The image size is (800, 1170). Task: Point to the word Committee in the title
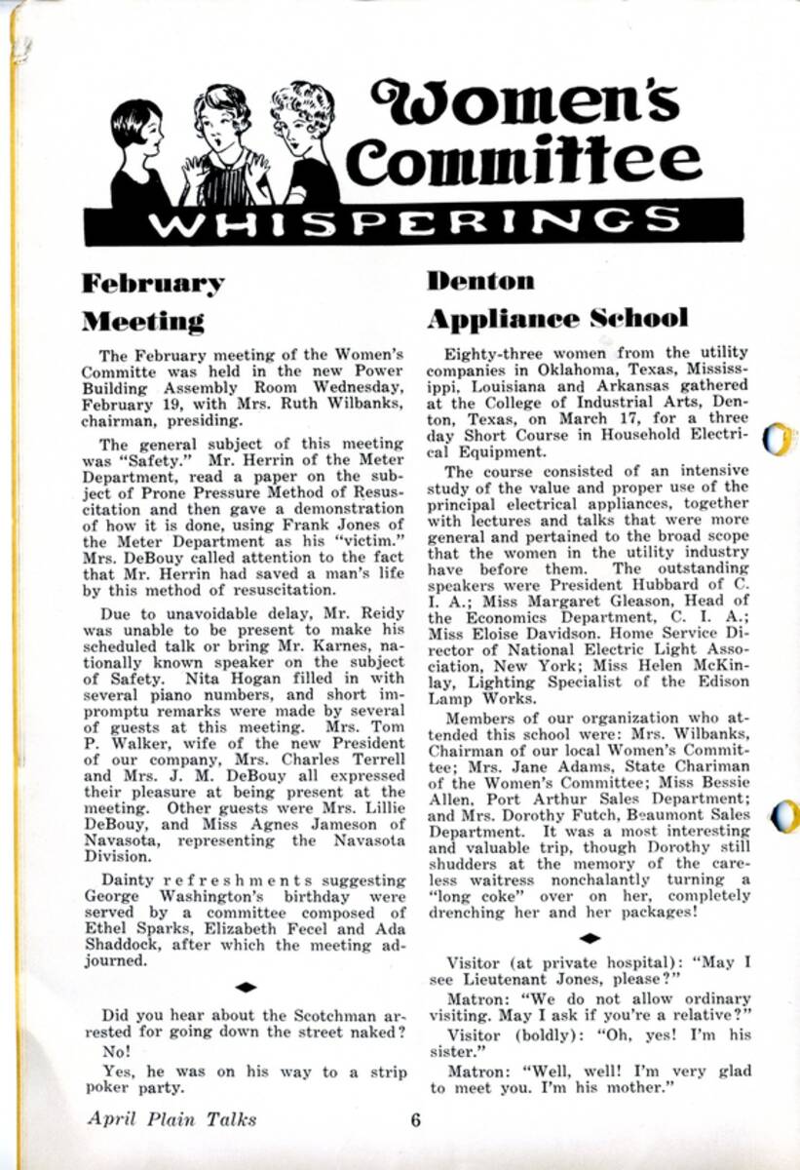click(x=523, y=161)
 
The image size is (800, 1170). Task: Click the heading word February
click(x=152, y=284)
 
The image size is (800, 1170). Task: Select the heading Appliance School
click(x=557, y=319)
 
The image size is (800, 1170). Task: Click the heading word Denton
click(x=480, y=282)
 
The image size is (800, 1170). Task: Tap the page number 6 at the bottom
click(x=415, y=1119)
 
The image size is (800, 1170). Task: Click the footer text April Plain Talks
click(x=171, y=1119)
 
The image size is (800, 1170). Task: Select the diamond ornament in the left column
click(x=246, y=987)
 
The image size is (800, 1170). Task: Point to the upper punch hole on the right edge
click(x=779, y=440)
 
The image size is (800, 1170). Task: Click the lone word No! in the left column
click(x=116, y=1053)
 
